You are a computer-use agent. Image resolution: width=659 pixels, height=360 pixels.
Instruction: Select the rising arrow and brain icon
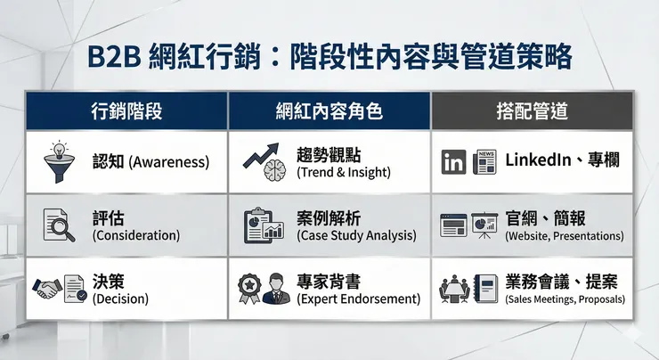point(264,161)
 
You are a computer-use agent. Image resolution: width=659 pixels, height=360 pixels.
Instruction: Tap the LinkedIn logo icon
point(454,161)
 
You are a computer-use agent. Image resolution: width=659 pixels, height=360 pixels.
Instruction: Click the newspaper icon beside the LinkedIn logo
point(485,161)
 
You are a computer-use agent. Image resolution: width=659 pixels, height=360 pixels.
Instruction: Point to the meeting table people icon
point(454,289)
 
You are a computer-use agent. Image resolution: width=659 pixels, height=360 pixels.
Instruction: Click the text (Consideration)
point(135,236)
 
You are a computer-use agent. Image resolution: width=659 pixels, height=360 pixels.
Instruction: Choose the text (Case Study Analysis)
point(356,236)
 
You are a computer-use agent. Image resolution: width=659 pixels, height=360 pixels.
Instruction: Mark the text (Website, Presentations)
point(564,237)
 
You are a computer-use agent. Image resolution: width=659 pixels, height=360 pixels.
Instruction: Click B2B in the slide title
point(118,54)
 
